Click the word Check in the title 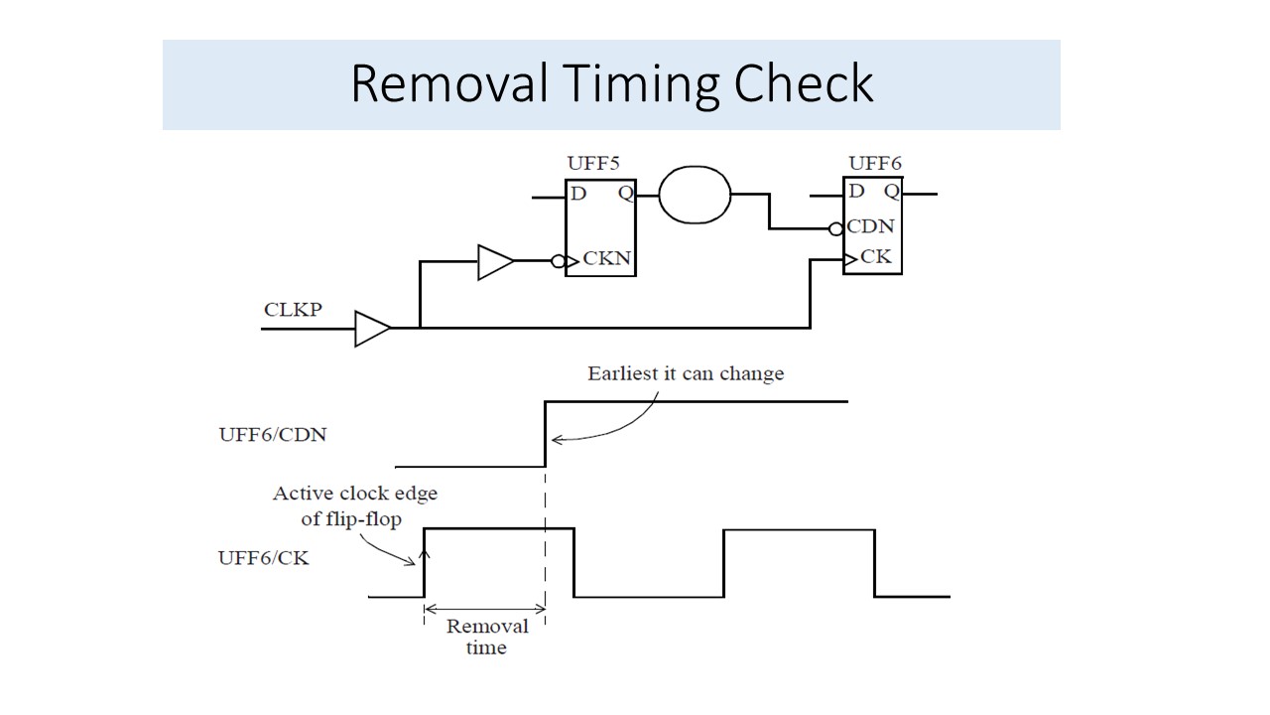(804, 84)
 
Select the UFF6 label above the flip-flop (875, 163)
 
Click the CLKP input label (293, 309)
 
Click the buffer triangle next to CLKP (372, 328)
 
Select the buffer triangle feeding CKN (495, 262)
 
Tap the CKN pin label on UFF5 (607, 261)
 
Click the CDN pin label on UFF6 (870, 227)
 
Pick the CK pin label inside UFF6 (875, 256)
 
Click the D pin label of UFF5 (578, 194)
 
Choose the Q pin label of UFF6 (892, 191)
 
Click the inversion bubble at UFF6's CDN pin (836, 228)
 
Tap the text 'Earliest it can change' (686, 373)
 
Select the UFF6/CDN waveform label (272, 434)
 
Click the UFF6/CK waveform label (263, 557)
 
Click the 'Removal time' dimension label (486, 637)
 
